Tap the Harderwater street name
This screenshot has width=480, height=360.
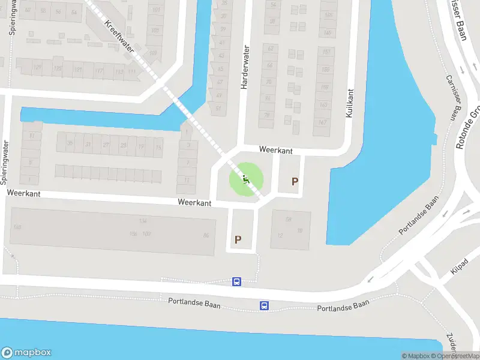pos(244,67)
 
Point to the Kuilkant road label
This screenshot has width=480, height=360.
pos(350,103)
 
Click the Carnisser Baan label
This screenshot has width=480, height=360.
pos(455,97)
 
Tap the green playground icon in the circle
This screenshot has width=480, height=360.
pos(246,179)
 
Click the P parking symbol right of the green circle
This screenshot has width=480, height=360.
pos(295,181)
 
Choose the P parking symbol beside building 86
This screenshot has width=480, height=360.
pos(238,239)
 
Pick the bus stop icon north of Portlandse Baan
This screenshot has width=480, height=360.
pos(237,281)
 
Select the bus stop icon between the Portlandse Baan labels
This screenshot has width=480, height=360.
pos(264,305)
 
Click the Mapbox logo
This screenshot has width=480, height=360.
pos(26,353)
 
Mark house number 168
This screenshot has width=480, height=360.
pos(17,227)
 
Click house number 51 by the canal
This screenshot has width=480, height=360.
pos(218,109)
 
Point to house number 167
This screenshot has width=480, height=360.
pos(323,123)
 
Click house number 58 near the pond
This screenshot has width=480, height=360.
pos(289,220)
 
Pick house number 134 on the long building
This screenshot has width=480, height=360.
pos(143,221)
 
